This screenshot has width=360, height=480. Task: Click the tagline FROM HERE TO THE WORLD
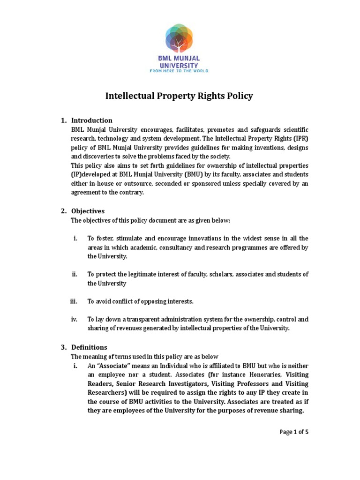(x=179, y=71)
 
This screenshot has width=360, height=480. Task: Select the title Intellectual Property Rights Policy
(x=179, y=96)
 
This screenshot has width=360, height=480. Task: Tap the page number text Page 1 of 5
(x=294, y=432)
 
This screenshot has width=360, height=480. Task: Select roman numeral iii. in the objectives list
(x=73, y=301)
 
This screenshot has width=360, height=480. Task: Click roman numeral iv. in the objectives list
(x=74, y=319)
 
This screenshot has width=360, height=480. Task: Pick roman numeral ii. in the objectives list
(x=75, y=274)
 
